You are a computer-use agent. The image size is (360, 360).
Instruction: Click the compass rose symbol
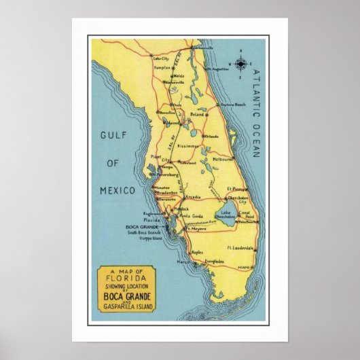point(240,65)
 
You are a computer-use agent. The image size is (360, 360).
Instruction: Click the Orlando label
point(212,135)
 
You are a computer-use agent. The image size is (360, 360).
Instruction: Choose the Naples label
point(197,252)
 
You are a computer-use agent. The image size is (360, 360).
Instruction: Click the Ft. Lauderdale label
point(240,247)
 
